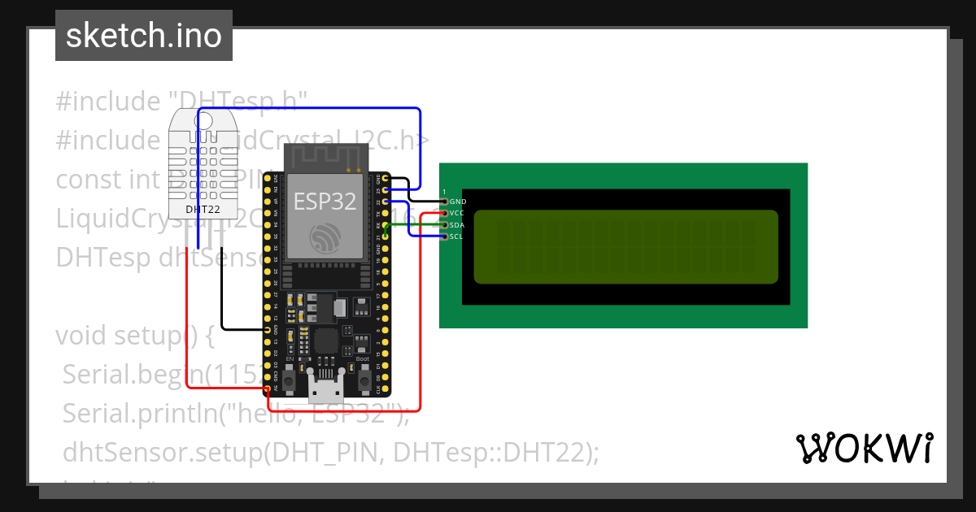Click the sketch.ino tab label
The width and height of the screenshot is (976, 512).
click(144, 36)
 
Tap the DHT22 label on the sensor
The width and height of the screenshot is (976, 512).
click(203, 209)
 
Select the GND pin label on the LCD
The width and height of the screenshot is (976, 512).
click(458, 201)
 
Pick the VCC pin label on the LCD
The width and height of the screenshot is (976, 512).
click(457, 213)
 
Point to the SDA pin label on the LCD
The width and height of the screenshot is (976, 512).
click(457, 224)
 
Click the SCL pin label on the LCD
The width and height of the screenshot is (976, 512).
click(456, 236)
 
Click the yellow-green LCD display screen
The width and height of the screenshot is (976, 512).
click(625, 247)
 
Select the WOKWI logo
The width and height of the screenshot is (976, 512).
click(864, 448)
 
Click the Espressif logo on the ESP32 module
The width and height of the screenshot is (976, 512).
click(325, 237)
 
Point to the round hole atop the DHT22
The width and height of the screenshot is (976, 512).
click(204, 121)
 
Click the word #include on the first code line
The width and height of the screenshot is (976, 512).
click(107, 102)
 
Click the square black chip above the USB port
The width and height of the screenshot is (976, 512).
click(325, 340)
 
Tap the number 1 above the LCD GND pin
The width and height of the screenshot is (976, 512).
click(444, 192)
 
